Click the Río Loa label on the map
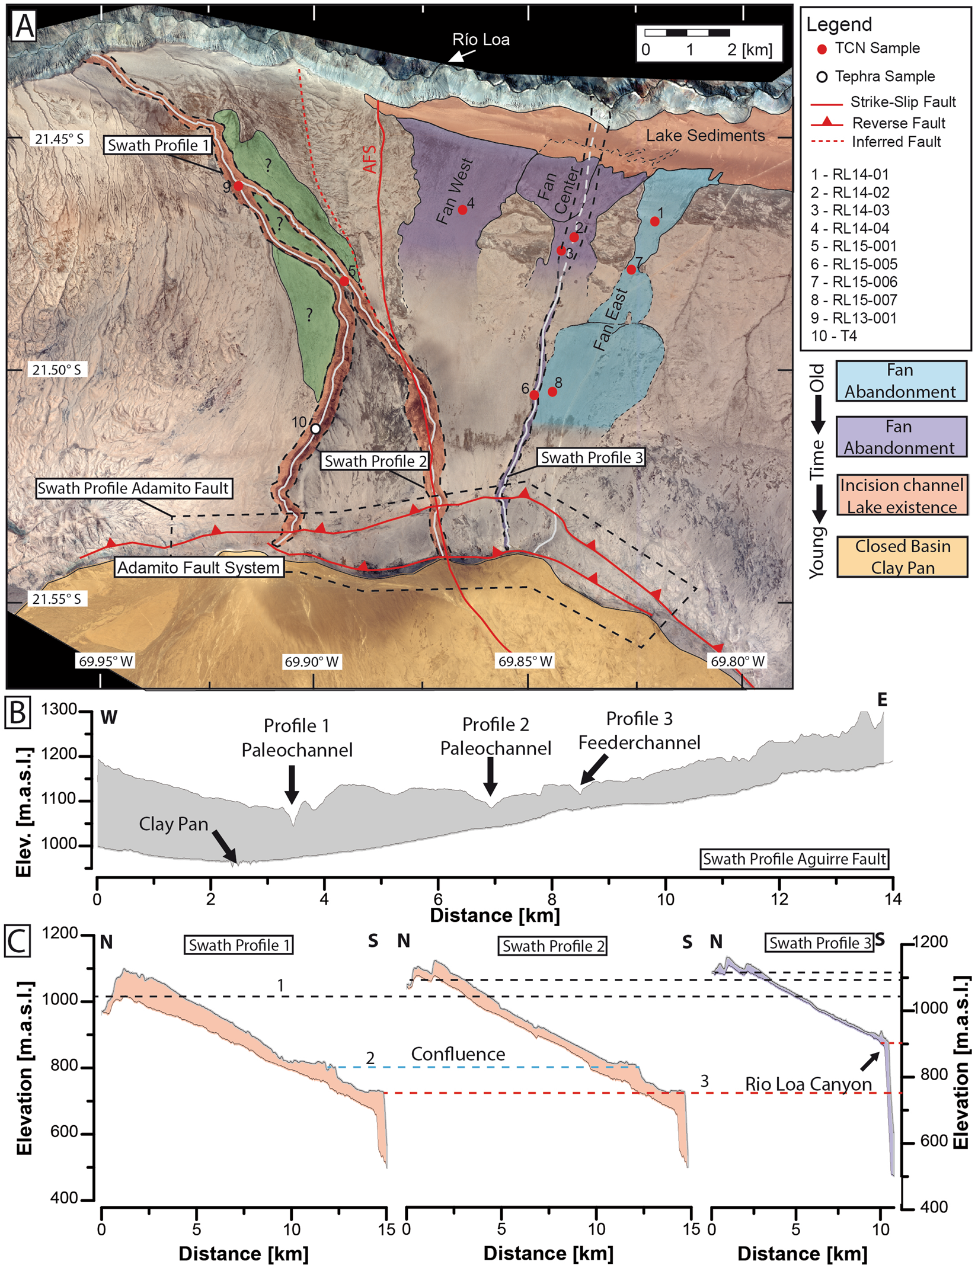point(481,40)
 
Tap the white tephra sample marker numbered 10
point(315,428)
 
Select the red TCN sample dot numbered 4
point(462,210)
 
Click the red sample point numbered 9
point(238,186)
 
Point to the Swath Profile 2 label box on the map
point(375,461)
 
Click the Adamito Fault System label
point(199,567)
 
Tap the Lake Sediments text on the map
point(705,136)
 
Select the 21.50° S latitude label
point(57,370)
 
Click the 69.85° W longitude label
point(525,661)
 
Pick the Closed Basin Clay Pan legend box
point(902,556)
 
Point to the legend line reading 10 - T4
point(834,336)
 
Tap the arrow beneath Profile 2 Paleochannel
point(490,777)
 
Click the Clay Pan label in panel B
point(173,824)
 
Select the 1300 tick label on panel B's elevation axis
point(59,709)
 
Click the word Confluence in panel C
point(458,1054)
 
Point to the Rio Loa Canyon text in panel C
point(808,1084)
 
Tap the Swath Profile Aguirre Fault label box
point(794,859)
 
